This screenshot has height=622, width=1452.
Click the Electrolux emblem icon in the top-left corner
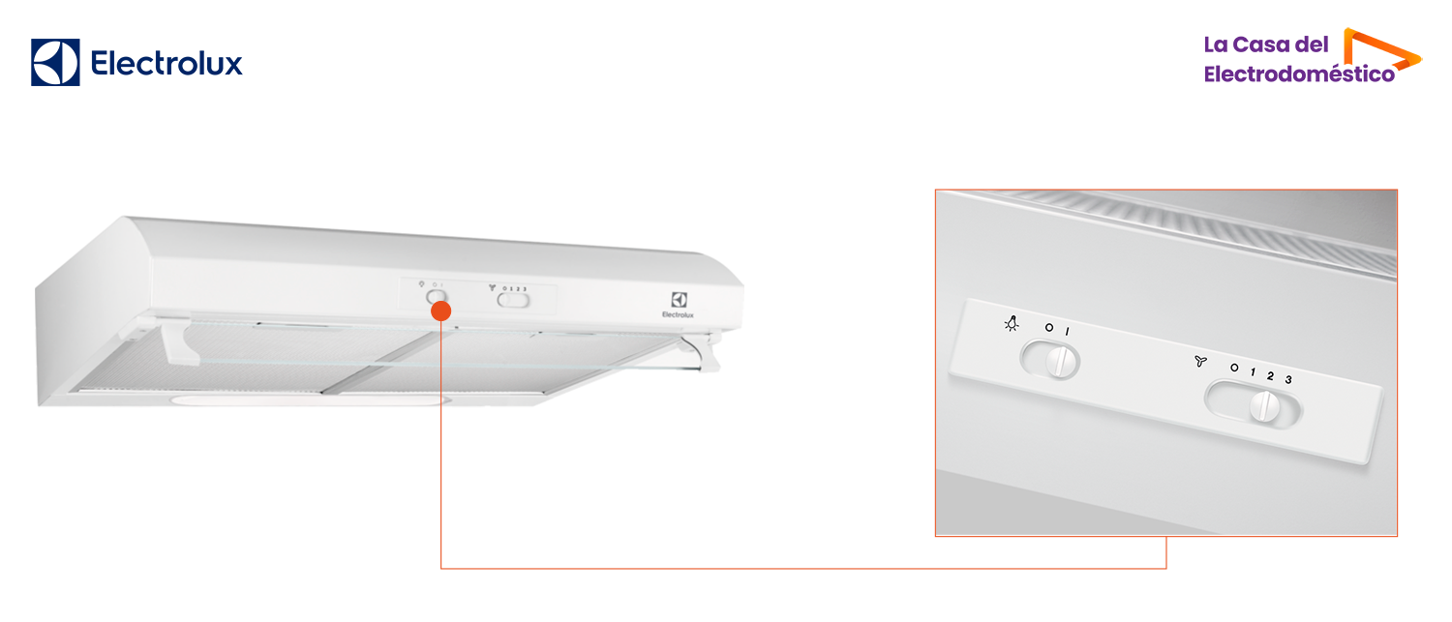(55, 63)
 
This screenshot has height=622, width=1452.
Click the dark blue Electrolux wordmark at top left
(166, 64)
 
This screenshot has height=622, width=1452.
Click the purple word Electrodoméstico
(1299, 74)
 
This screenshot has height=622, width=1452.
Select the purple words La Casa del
(1266, 44)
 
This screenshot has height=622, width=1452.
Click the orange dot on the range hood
(440, 311)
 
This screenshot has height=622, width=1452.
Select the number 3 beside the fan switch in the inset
(1288, 379)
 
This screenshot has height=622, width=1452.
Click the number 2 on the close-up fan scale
(1270, 375)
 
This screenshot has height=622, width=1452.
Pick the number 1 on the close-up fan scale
(1253, 372)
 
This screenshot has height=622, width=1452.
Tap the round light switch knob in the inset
(1062, 362)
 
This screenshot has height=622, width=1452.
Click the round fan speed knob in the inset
(1263, 406)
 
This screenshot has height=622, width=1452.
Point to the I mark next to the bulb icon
(1068, 332)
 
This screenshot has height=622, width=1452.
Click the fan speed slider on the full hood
(514, 300)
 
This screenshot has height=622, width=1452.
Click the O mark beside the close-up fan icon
(1234, 368)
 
